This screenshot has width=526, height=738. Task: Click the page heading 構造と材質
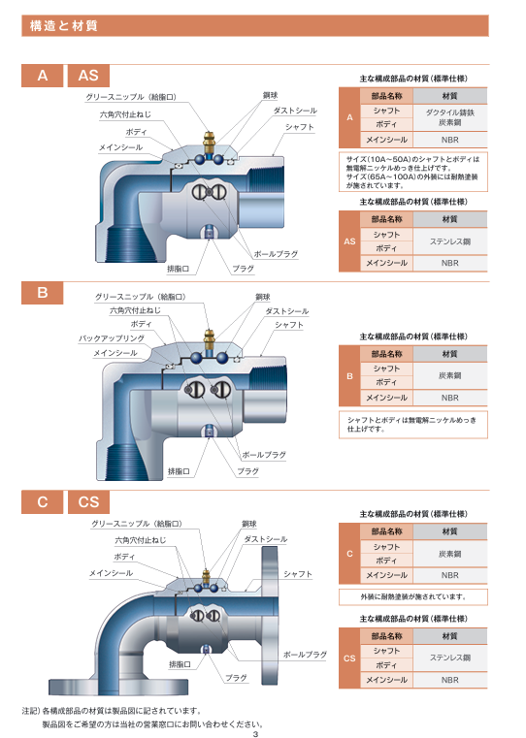tap(64, 26)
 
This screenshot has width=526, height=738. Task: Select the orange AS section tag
tap(88, 76)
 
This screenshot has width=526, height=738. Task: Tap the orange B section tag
tap(43, 293)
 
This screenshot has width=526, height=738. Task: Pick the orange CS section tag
tap(88, 501)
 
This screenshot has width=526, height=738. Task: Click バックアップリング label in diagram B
tap(112, 338)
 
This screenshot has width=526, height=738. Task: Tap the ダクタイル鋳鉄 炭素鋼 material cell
tap(450, 117)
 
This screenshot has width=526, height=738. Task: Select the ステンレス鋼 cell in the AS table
tap(450, 241)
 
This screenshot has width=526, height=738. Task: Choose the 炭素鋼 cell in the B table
tap(450, 375)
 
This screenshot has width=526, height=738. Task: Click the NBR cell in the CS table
tap(450, 680)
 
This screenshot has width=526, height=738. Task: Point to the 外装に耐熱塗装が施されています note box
tap(413, 596)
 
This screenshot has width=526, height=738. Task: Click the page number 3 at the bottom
tap(255, 734)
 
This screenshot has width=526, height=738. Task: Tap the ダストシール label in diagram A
tap(295, 111)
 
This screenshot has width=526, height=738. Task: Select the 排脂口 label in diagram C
tap(180, 664)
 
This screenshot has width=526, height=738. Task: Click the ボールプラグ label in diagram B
tap(264, 455)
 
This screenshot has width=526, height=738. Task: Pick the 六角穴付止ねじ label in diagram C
tap(141, 540)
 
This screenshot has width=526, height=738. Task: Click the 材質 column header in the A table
tap(450, 96)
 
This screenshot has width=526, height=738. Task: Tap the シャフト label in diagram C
tap(298, 574)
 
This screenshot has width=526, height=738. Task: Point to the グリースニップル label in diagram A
tap(131, 97)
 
